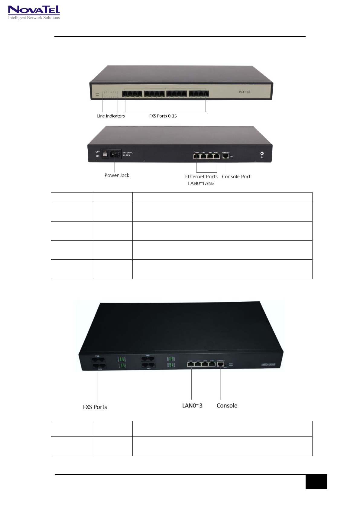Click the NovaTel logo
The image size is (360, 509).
(34, 10)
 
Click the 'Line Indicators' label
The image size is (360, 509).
(111, 116)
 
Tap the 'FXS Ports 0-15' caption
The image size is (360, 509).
(163, 116)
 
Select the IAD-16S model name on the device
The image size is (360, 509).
(244, 92)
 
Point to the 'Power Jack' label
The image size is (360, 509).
(117, 175)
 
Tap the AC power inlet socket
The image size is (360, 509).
(115, 154)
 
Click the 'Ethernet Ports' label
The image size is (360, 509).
(201, 177)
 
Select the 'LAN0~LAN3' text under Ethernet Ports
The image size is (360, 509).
(201, 183)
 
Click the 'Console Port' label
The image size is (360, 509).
(236, 177)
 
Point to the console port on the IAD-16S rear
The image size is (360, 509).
(225, 156)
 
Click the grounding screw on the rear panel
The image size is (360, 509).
(262, 154)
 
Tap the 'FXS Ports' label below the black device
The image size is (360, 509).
(95, 407)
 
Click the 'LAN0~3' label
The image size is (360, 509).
(192, 406)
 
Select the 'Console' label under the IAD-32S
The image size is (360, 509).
(227, 406)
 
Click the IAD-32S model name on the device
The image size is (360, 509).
(268, 365)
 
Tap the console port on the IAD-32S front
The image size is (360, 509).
(220, 365)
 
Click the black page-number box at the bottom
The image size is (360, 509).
(316, 481)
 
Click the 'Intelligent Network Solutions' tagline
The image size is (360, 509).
(34, 18)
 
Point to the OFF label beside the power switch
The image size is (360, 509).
(98, 152)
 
